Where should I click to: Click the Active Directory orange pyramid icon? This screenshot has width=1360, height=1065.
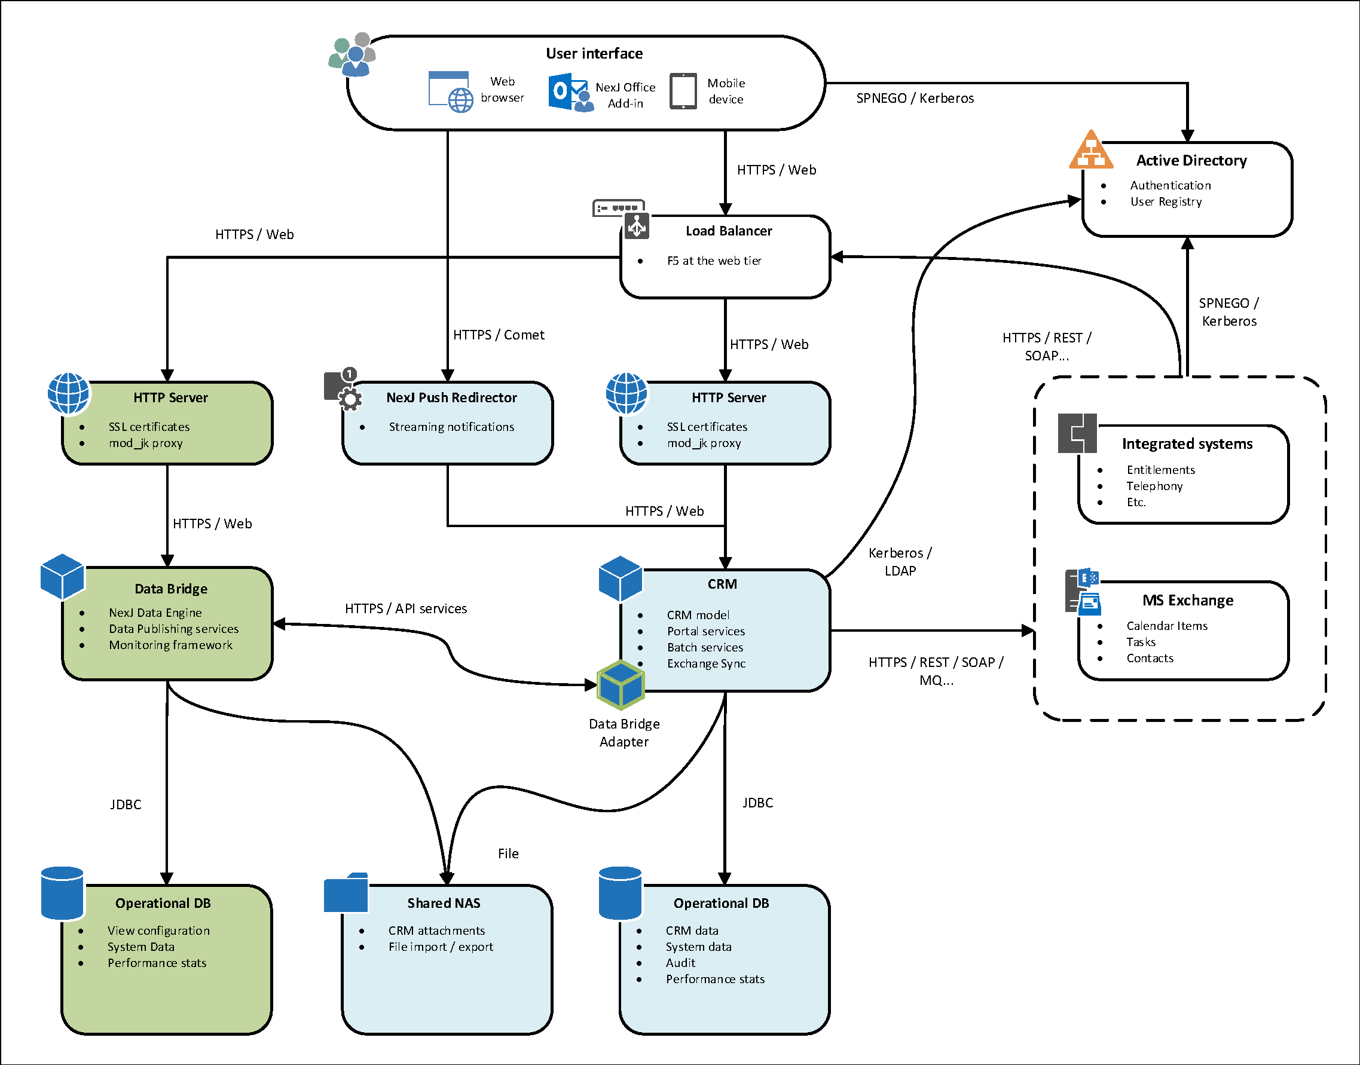click(x=1090, y=150)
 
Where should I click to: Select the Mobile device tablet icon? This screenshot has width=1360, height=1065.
click(x=683, y=91)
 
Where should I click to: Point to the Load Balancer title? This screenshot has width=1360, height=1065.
click(x=728, y=231)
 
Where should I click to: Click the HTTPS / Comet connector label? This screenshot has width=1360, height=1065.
click(x=498, y=335)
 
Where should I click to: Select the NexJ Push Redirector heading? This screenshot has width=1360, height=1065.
click(x=451, y=397)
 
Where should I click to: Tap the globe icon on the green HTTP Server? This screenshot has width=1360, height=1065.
click(x=68, y=393)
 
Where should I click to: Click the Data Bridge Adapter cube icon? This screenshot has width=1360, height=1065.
click(x=621, y=685)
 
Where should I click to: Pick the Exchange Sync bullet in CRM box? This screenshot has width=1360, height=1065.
click(x=706, y=663)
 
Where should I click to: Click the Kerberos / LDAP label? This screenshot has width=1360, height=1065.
click(x=900, y=561)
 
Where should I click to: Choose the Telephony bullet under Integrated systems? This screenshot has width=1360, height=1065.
click(x=1154, y=486)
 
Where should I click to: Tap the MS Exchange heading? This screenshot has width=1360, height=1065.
click(x=1187, y=600)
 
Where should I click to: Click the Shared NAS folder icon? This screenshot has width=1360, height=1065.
click(x=346, y=892)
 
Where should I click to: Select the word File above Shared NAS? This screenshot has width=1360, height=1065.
click(x=508, y=853)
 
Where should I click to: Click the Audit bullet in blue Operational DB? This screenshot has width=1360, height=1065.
click(x=680, y=963)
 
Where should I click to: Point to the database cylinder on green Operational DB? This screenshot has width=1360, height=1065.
click(x=62, y=892)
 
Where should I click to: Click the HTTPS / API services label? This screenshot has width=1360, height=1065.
click(x=405, y=608)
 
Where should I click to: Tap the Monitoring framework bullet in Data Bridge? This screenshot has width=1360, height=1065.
click(x=170, y=645)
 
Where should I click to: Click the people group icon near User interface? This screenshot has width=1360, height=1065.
click(x=353, y=54)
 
